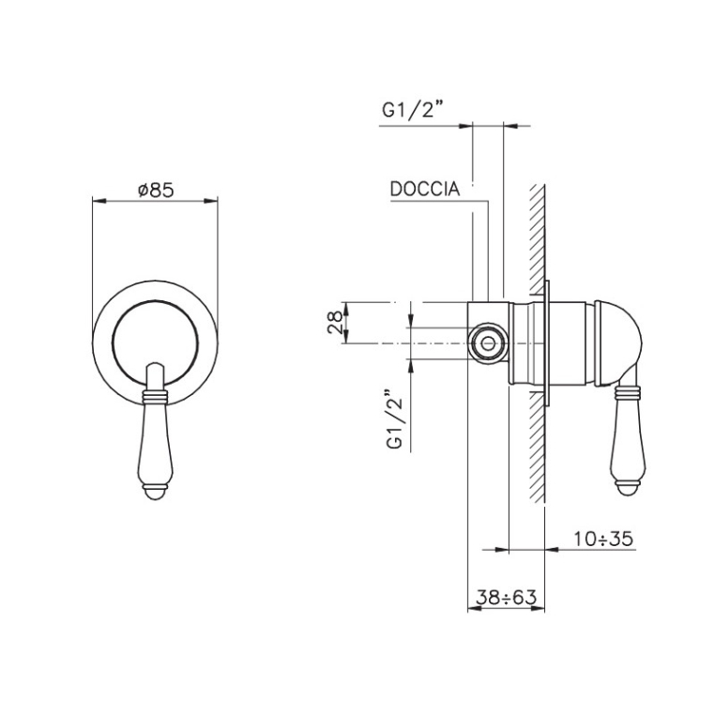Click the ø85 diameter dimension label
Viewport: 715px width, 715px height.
156,190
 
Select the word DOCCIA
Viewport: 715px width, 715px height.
424,189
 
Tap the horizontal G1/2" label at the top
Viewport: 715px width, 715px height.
413,110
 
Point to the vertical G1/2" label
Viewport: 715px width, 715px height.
395,419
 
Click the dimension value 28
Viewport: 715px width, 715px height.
335,323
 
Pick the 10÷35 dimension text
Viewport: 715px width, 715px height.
602,539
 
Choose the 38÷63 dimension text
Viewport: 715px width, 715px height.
506,597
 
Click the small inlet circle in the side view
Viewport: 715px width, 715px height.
488,343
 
